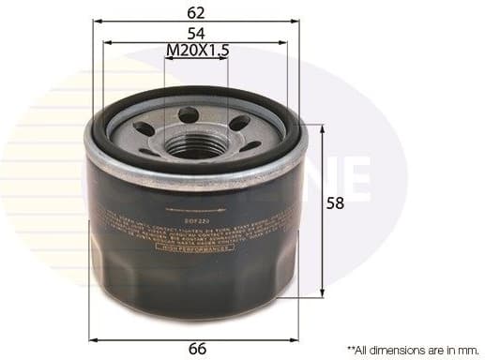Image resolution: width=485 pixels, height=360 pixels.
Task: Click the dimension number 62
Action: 197,13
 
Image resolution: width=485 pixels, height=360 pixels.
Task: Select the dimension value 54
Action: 197,33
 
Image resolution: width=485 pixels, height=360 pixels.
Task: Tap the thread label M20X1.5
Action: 197,51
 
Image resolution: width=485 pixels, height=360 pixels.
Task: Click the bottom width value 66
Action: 197,348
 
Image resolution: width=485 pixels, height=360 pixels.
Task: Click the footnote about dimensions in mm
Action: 413,348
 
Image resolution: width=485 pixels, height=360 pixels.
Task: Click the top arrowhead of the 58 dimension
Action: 324,127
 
